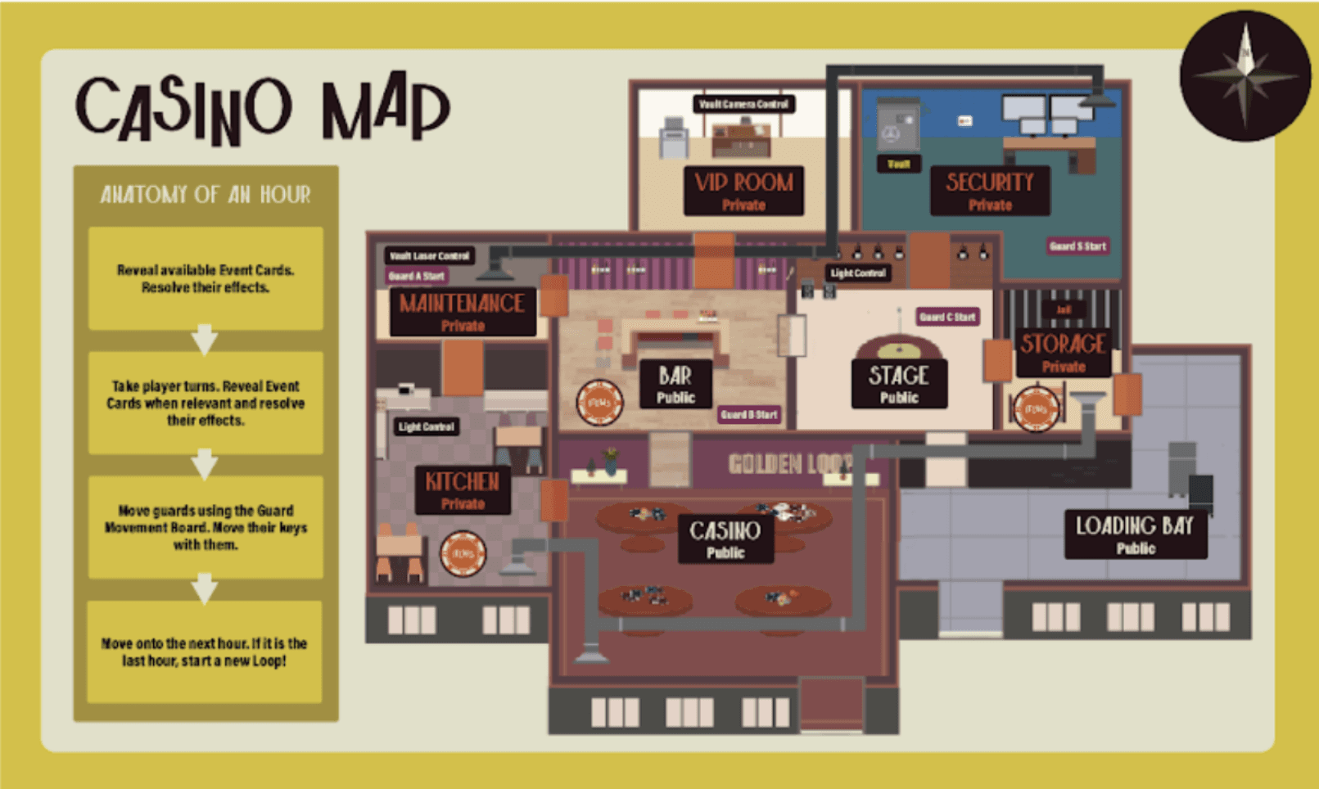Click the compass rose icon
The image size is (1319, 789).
[x=1244, y=75]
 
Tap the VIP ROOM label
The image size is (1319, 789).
[x=743, y=191]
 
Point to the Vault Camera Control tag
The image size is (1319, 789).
[x=743, y=104]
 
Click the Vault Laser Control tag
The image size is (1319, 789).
[x=429, y=255]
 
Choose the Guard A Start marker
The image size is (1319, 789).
[x=417, y=276]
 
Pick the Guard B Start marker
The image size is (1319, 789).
[x=748, y=415]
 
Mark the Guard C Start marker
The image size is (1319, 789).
[x=947, y=317]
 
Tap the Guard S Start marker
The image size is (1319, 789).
[x=1077, y=246]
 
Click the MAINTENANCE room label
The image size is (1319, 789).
[x=463, y=312]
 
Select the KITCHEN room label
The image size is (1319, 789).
[x=463, y=489]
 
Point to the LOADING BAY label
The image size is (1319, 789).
[x=1135, y=534]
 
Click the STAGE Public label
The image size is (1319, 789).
[x=899, y=384]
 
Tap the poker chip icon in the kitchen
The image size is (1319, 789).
[x=463, y=554]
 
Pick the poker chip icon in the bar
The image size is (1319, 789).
[x=599, y=403]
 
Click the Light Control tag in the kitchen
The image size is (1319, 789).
[x=426, y=426]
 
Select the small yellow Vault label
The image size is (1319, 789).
[x=898, y=164]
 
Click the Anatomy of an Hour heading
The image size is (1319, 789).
[x=206, y=195]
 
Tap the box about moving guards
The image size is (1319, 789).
[x=206, y=527]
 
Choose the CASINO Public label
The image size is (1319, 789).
[x=725, y=539]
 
